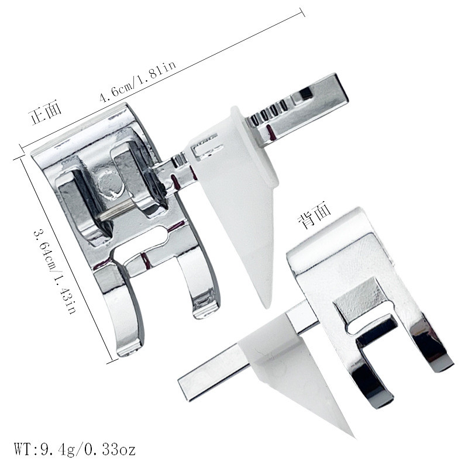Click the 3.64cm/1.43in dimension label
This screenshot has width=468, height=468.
click(56, 271)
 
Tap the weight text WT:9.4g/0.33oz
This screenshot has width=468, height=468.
click(75, 449)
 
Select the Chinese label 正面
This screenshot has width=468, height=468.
click(45, 113)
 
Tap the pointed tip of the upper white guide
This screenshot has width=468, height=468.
click(267, 308)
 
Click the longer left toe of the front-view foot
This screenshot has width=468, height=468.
click(125, 314)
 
